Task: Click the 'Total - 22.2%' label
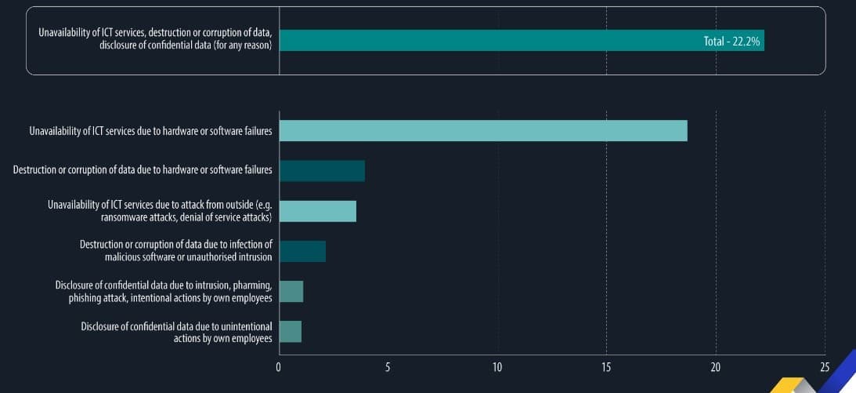pyautogui.click(x=731, y=41)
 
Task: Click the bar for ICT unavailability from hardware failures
pyautogui.click(x=482, y=131)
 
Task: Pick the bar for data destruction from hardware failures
pyautogui.click(x=322, y=171)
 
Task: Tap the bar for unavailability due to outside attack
pyautogui.click(x=317, y=211)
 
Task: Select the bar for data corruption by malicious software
pyautogui.click(x=302, y=252)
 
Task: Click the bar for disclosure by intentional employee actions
pyautogui.click(x=291, y=292)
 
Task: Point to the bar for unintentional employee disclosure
pyautogui.click(x=290, y=332)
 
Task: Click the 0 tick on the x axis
pyautogui.click(x=279, y=367)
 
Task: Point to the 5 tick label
pyautogui.click(x=388, y=367)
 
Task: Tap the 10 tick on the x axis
pyautogui.click(x=497, y=367)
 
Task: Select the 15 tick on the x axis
pyautogui.click(x=606, y=367)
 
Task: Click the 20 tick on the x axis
pyautogui.click(x=716, y=367)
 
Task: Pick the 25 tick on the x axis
pyautogui.click(x=824, y=367)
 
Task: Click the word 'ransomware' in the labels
pyautogui.click(x=128, y=217)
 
